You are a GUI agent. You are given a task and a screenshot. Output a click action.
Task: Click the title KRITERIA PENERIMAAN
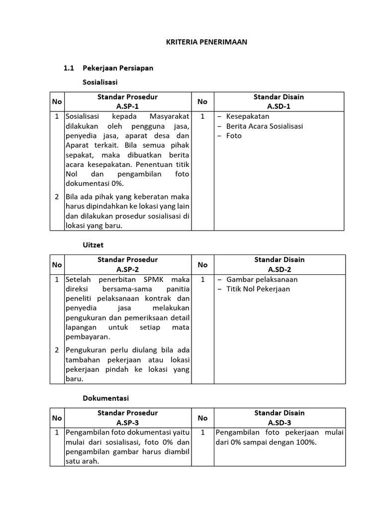click(x=206, y=42)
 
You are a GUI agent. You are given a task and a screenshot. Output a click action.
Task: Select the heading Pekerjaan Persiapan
click(x=118, y=68)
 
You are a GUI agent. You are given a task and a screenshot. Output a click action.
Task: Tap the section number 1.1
click(x=69, y=68)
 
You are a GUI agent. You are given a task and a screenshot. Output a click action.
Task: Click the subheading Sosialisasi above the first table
click(x=99, y=81)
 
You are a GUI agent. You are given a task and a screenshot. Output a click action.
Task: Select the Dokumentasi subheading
click(x=105, y=398)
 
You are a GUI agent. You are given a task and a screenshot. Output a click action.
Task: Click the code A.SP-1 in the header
click(x=128, y=106)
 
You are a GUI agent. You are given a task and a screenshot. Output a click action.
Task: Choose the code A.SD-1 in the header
click(x=279, y=106)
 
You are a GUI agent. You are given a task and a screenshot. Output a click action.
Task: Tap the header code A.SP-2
click(x=128, y=269)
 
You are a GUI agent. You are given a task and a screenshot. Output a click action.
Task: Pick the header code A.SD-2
click(x=279, y=269)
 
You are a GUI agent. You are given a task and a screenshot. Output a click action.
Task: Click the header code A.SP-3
click(x=128, y=423)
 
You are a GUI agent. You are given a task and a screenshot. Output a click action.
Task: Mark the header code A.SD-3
click(x=279, y=423)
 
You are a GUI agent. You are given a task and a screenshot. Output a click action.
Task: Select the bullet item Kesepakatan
click(x=247, y=116)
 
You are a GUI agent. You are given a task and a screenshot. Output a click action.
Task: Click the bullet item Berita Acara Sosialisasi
click(x=264, y=126)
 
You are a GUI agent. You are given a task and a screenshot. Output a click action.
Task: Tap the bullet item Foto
click(x=234, y=136)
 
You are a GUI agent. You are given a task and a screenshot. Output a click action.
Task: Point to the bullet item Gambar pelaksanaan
click(x=262, y=279)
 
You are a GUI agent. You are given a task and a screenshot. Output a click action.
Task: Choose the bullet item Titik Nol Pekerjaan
click(x=258, y=289)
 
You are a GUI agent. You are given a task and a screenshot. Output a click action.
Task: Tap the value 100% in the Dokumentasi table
click(x=306, y=442)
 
